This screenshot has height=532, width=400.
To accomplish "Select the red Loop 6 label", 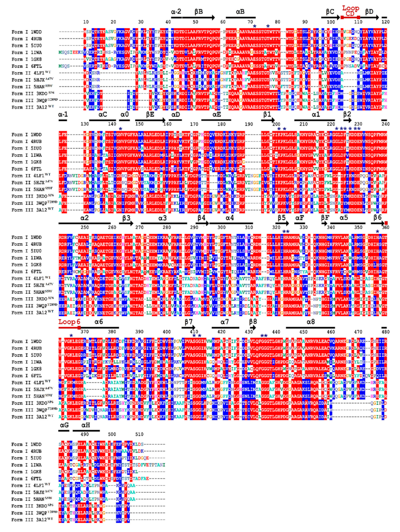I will coord(69,322).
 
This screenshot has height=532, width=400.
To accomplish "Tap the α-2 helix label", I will coord(176,11).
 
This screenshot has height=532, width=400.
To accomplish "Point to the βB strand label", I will coord(199,11).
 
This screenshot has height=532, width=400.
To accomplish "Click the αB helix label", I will coord(240,11).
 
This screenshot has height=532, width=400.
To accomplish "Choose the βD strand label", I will coord(369,11).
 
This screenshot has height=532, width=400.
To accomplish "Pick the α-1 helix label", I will coord(63,114).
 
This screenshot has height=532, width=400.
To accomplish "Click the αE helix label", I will coord(216,114).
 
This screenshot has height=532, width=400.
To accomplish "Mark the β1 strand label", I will coord(267,114).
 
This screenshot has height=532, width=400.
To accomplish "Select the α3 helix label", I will coord(162,218).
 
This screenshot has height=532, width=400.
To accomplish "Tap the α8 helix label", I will coord(311,322).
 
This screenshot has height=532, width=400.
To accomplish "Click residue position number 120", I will coord(385,22).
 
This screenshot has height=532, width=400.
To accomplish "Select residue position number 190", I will coord(249,124).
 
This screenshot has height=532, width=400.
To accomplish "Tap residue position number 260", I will coord(112,227).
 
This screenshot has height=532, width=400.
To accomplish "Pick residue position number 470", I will coord(358,332).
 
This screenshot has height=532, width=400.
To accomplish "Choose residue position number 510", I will coord(139,434).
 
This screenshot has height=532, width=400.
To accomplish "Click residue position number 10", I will coord(86,22).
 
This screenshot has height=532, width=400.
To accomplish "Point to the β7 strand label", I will coord(189,322).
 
